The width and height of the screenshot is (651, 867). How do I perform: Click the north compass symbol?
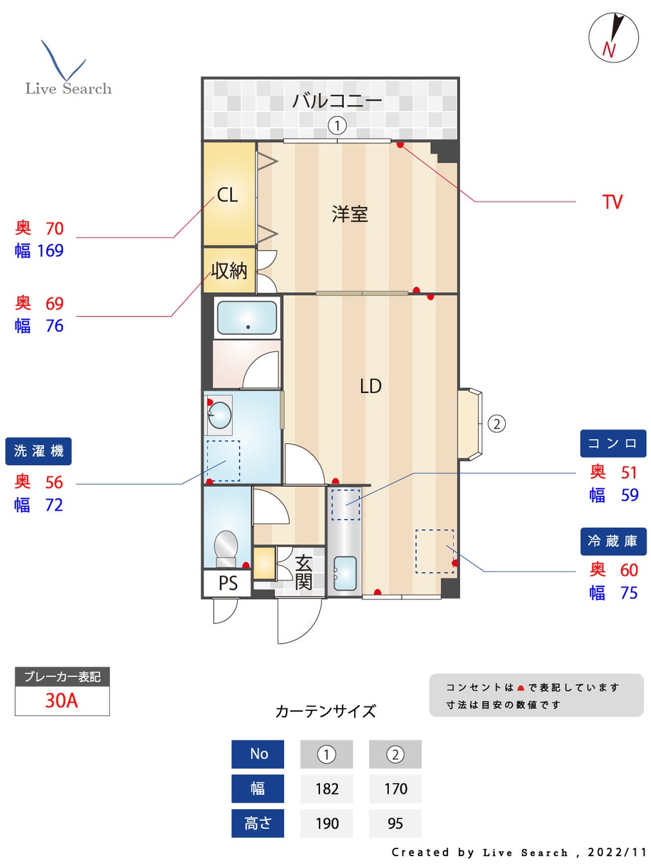[613, 38]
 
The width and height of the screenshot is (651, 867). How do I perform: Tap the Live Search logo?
[67, 71]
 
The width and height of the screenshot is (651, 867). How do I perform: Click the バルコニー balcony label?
[337, 101]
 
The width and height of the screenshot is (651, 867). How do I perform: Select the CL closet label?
[227, 195]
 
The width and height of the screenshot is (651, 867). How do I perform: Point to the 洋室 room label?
[350, 214]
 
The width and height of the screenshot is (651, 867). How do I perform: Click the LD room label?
[370, 386]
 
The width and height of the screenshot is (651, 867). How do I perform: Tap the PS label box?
[227, 583]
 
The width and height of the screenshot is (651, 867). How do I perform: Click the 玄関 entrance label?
[303, 572]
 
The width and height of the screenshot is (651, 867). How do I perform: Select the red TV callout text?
[612, 202]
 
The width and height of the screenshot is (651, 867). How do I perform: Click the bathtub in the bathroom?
[247, 317]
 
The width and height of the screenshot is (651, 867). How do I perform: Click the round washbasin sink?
[220, 415]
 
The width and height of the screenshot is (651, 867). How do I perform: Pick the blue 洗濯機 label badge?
[39, 451]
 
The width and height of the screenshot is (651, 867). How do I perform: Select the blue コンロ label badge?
[612, 443]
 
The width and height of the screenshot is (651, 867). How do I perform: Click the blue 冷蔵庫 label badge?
[612, 541]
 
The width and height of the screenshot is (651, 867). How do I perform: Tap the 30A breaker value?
[62, 700]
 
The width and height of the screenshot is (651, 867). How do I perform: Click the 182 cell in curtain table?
[326, 789]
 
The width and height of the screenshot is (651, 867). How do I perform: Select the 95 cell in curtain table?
[395, 823]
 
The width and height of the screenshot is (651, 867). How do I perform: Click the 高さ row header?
[258, 823]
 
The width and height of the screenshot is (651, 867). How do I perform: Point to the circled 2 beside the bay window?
[497, 424]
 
